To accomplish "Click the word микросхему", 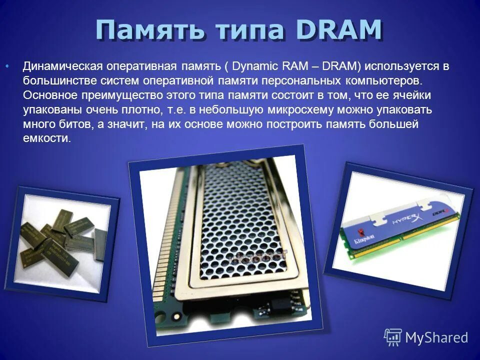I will [311, 109].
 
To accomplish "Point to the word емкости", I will [47, 138].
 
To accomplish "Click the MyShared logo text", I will [436, 337].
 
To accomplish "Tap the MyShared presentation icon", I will [393, 337].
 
